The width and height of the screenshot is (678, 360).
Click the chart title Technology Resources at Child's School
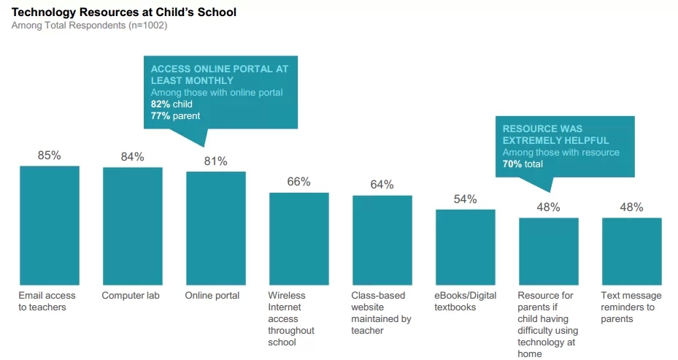(x=124, y=12)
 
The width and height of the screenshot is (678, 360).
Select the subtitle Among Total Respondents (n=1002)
(x=89, y=26)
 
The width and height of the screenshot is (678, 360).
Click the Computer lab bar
(x=132, y=226)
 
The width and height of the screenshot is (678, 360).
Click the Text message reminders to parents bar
(x=631, y=251)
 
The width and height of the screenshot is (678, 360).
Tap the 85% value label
(x=50, y=156)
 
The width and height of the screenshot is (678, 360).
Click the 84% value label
(x=132, y=157)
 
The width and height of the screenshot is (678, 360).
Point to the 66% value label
(x=298, y=182)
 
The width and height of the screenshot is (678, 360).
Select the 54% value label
(x=465, y=199)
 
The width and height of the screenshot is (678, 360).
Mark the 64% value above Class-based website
(x=382, y=185)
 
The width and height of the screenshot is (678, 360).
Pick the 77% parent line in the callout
(x=176, y=115)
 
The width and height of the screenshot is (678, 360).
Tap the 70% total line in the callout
(x=523, y=164)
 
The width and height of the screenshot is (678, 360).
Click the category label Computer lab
(x=131, y=296)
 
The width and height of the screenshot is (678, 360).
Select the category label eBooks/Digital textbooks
(x=465, y=302)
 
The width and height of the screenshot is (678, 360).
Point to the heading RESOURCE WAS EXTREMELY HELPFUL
(x=555, y=134)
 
